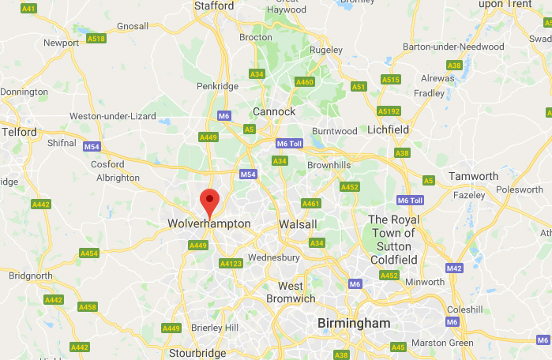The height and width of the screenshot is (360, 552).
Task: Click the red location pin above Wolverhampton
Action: (x=209, y=202)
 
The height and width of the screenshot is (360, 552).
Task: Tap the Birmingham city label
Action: (x=354, y=324)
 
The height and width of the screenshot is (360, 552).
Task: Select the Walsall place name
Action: (x=298, y=224)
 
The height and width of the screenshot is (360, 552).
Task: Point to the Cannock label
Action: (x=274, y=111)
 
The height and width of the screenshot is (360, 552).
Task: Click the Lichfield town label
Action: (x=387, y=129)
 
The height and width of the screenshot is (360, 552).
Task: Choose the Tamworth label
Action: (x=473, y=176)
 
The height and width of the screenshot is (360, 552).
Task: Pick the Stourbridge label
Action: (x=197, y=353)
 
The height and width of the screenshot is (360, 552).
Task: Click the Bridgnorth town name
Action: (x=30, y=276)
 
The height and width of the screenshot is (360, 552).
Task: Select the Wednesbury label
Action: (x=273, y=257)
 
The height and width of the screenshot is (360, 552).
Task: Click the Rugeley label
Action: (x=325, y=50)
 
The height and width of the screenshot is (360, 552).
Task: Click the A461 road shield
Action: (x=312, y=204)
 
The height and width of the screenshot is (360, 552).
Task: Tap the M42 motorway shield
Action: (x=453, y=268)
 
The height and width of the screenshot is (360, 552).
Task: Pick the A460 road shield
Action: (x=304, y=82)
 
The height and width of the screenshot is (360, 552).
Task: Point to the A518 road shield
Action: (x=96, y=38)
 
